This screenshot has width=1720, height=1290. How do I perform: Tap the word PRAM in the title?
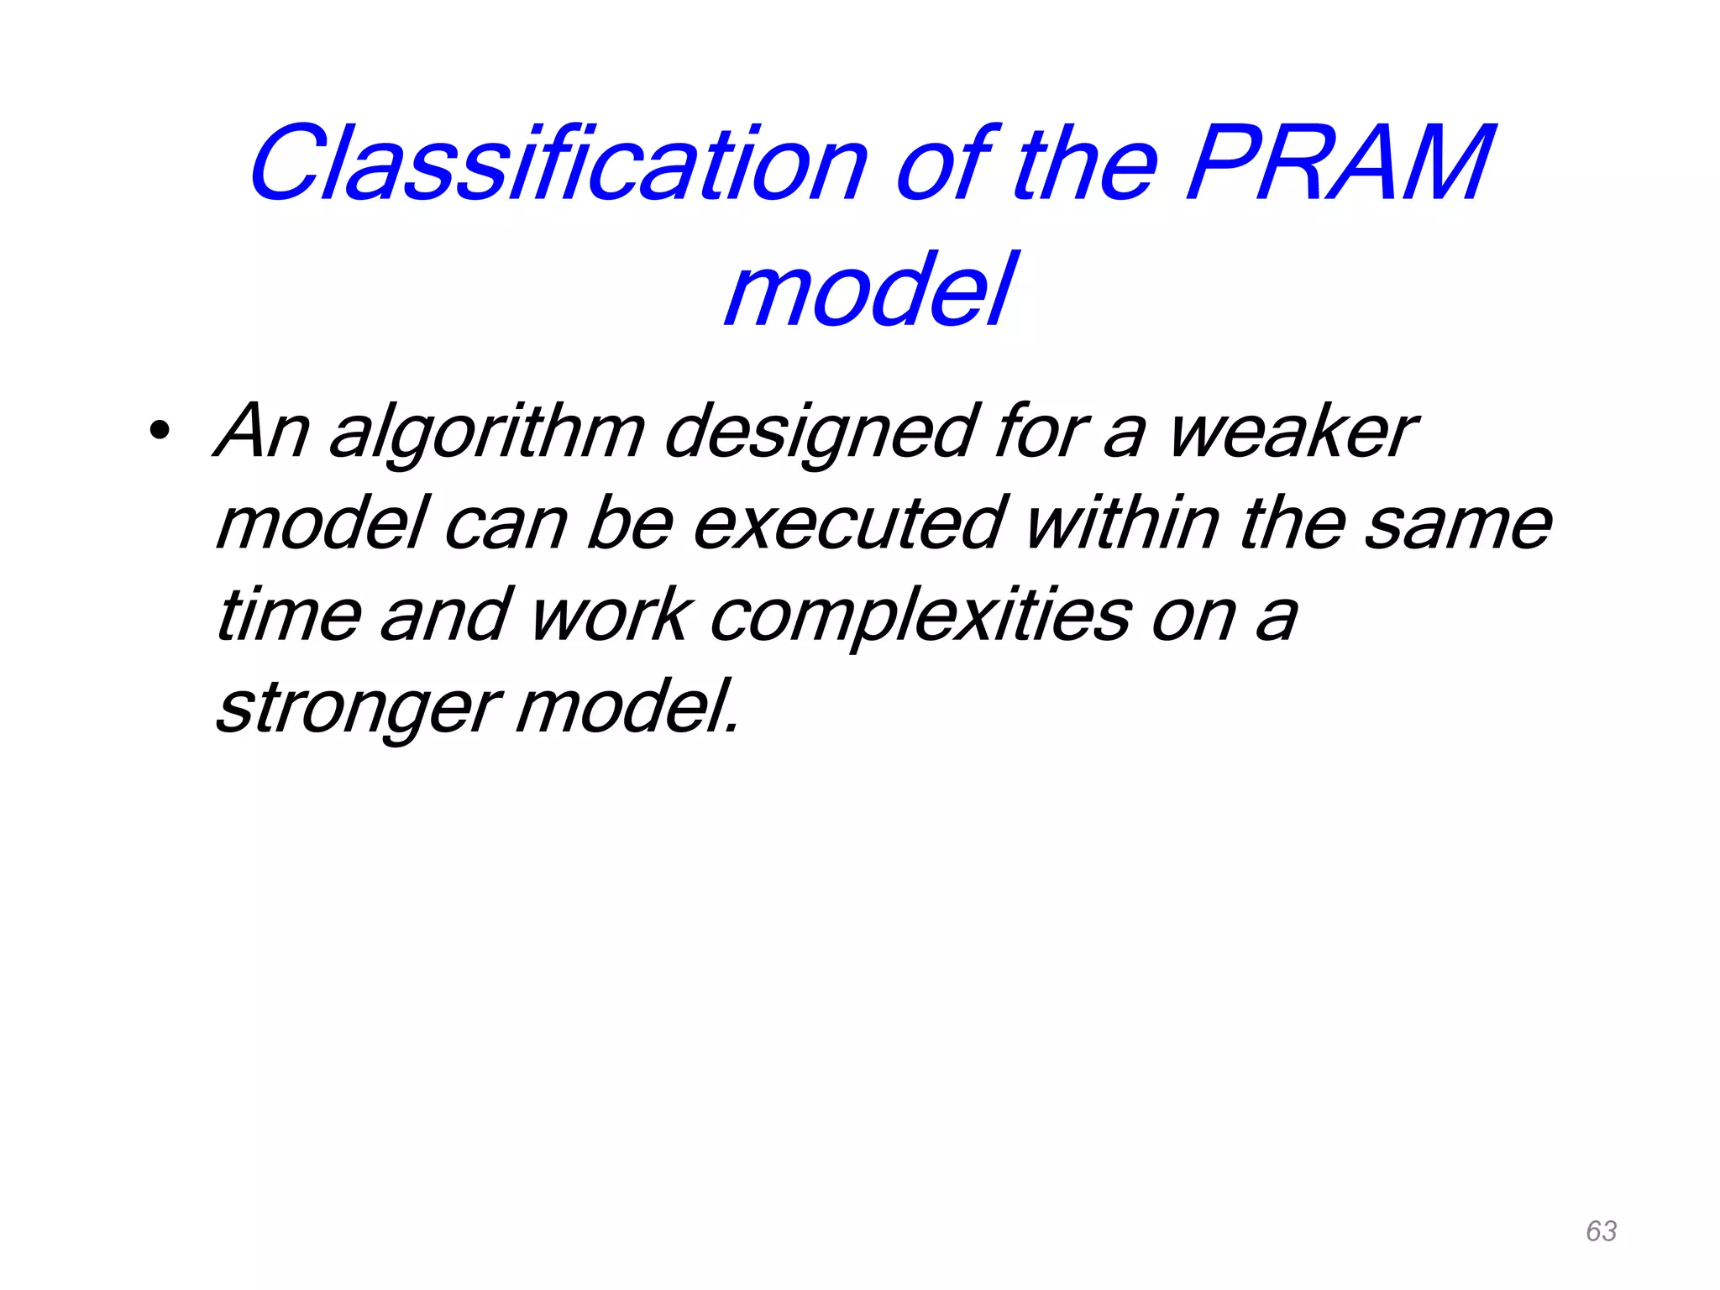tap(1340, 165)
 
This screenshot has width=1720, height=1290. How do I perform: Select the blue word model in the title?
tap(870, 291)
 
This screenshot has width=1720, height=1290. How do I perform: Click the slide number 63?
tap(1601, 1231)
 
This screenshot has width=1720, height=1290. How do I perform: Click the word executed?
tap(848, 525)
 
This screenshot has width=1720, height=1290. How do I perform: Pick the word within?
tap(1122, 525)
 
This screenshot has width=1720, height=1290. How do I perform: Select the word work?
tap(611, 616)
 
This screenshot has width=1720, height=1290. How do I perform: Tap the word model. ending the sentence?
tap(627, 708)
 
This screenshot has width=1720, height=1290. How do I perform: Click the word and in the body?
tap(445, 616)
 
